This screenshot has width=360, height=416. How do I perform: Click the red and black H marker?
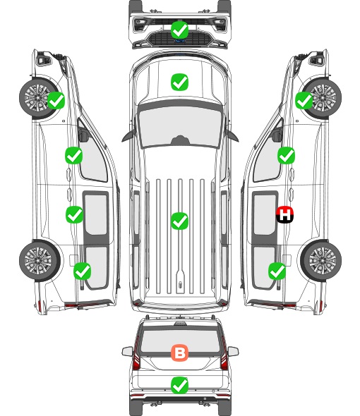[x=284, y=214]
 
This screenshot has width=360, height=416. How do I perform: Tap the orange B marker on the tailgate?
[x=179, y=353]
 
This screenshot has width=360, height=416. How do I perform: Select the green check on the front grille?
[x=180, y=30]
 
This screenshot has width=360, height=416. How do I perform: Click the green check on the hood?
[x=180, y=82]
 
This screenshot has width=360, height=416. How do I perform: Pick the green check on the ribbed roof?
[x=180, y=221]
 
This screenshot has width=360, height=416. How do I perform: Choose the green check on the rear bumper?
[x=180, y=385]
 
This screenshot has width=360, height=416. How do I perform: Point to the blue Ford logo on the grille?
[x=180, y=41]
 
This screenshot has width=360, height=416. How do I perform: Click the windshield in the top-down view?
[x=180, y=126]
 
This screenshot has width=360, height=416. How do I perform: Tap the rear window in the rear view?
[x=180, y=340]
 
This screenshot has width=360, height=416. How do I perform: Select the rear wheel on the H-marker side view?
[x=321, y=260]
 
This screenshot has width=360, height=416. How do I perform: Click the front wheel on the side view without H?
[x=39, y=98]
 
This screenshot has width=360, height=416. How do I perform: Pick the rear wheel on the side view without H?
[x=40, y=260]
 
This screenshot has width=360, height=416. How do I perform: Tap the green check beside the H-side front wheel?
[x=304, y=101]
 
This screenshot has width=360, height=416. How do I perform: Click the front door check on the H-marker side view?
[x=286, y=155]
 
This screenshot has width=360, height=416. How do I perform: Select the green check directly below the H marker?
[x=277, y=271]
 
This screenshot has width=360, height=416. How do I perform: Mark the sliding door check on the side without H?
[x=74, y=214]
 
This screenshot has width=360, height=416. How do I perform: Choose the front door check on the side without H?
[x=73, y=155]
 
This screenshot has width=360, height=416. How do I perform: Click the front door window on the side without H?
[x=93, y=157]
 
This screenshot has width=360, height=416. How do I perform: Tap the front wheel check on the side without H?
[x=56, y=101]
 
